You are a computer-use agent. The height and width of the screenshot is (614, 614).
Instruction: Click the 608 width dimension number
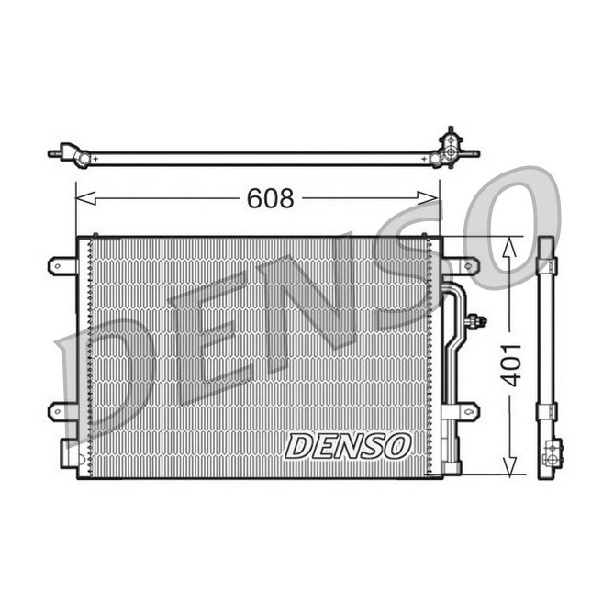[270, 198]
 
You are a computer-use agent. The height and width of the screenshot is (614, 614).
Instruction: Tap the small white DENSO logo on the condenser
[346, 446]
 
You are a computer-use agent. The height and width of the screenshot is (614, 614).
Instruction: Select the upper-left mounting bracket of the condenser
[61, 266]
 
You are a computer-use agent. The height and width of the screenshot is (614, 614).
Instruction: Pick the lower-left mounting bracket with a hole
[61, 410]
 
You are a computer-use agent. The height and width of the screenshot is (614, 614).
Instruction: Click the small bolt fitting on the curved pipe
[474, 321]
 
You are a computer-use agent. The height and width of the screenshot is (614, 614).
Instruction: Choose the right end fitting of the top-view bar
[449, 151]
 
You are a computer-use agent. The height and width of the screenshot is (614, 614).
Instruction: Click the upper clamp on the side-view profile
[546, 266]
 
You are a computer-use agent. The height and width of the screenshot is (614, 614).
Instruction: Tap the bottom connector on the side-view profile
[551, 453]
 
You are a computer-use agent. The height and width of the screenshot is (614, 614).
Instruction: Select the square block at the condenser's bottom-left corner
[70, 453]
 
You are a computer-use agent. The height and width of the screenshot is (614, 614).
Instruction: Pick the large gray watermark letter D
[110, 367]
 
